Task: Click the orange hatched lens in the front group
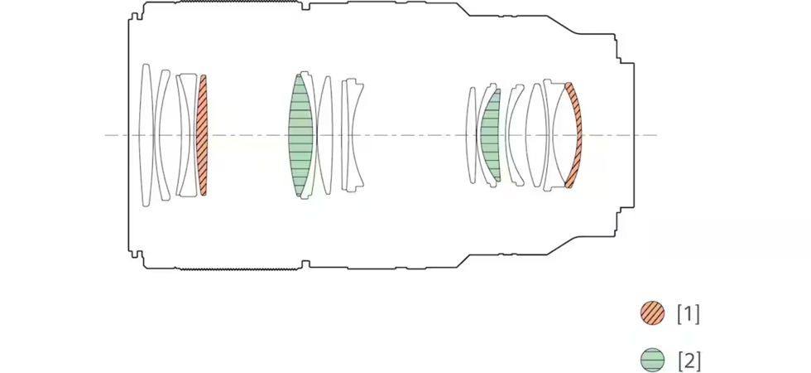click(x=203, y=135)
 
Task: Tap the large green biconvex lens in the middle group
click(x=301, y=135)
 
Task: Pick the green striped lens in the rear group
click(x=491, y=135)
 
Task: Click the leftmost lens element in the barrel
click(x=146, y=135)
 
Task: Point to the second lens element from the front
click(x=162, y=135)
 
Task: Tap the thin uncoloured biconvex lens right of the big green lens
click(x=324, y=135)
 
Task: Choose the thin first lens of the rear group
click(x=471, y=135)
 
